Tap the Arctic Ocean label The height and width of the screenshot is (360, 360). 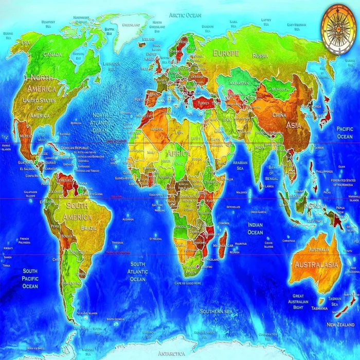pyautogui.click(x=186, y=15)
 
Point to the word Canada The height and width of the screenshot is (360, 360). pyautogui.click(x=52, y=54)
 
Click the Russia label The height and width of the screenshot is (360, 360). pyautogui.click(x=260, y=55)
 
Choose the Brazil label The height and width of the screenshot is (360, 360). pyautogui.click(x=88, y=227)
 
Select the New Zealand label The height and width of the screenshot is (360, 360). pyautogui.click(x=340, y=325)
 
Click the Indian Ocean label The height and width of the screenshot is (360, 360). pyautogui.click(x=255, y=228)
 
